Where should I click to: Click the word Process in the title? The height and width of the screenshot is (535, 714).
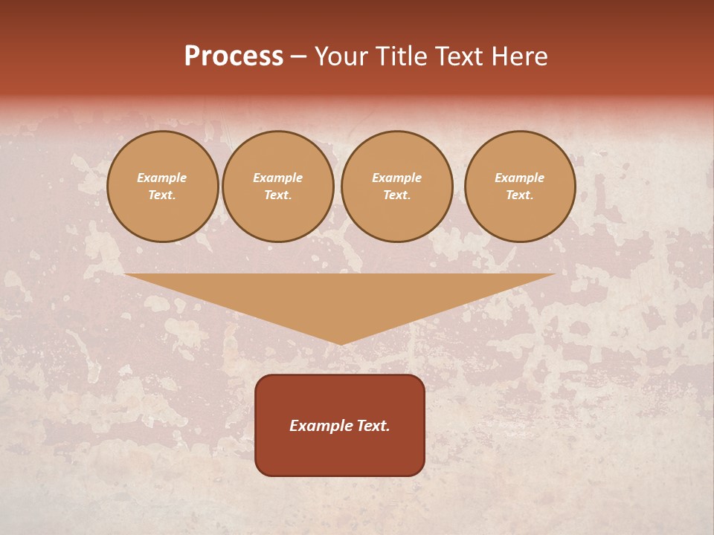coord(234,56)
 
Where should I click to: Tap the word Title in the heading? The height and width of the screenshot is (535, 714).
coord(400,56)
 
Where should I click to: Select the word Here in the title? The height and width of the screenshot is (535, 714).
coord(521,56)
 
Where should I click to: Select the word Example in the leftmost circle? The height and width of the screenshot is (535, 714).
coord(162,178)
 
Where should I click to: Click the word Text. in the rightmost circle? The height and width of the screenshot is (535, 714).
coord(520,195)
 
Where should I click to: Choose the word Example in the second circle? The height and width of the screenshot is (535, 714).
coord(278,178)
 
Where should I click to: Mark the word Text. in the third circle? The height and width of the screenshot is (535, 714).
coord(397,195)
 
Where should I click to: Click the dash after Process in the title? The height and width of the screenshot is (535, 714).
coord(299,57)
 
